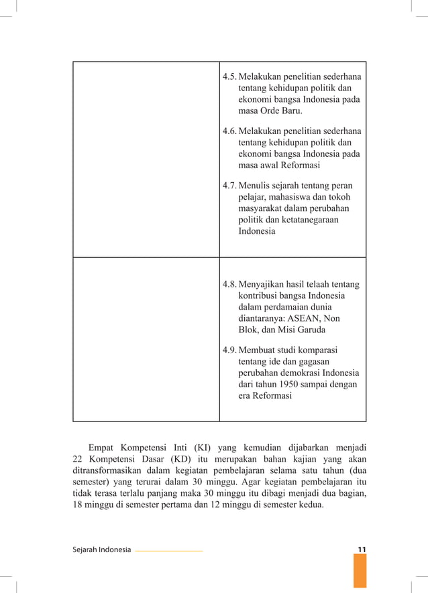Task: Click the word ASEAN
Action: pos(310,318)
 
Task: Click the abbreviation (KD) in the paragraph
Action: pos(174,460)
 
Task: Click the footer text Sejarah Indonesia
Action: pos(101,550)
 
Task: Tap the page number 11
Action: pos(361,550)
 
